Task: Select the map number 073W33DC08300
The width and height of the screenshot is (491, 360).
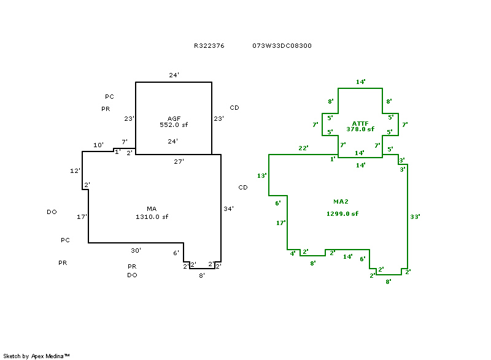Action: coord(282,45)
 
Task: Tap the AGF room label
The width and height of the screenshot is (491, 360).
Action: coord(174,118)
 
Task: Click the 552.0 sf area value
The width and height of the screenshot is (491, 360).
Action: coord(174,124)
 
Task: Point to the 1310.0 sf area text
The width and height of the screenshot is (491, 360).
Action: coord(152,216)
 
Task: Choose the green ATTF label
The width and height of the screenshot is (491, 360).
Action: coord(360,123)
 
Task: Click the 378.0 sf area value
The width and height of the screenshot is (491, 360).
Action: coord(360,129)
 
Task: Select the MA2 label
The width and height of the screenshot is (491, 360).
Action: coord(342,201)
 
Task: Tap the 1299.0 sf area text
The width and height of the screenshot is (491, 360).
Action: coord(342,213)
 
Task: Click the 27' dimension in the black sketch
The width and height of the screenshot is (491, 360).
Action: coord(179,161)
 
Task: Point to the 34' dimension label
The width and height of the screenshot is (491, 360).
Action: coord(228,209)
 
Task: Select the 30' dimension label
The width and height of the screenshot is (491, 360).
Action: coord(136,250)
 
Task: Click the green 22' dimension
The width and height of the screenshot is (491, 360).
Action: coord(303,148)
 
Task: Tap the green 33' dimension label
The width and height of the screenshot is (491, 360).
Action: coord(415,216)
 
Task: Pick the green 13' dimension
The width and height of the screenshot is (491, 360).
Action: coord(261,175)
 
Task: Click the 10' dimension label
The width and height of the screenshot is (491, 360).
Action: coord(98,145)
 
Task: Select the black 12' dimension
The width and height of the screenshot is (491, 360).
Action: coord(75,170)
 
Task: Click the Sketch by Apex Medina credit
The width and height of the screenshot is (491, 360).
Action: coord(36,356)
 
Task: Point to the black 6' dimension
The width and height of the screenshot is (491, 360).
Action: coord(176,253)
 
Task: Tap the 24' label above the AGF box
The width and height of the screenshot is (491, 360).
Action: coord(174,75)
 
